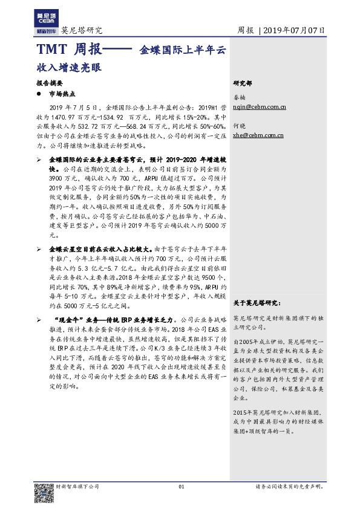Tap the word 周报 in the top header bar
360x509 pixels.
coord(245,30)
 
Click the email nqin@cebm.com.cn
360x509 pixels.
coord(260,106)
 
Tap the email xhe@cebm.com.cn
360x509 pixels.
coord(258,136)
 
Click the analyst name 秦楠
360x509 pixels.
coord(240,97)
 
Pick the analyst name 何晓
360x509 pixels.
coord(240,127)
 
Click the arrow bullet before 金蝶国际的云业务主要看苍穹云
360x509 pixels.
coord(39,158)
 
